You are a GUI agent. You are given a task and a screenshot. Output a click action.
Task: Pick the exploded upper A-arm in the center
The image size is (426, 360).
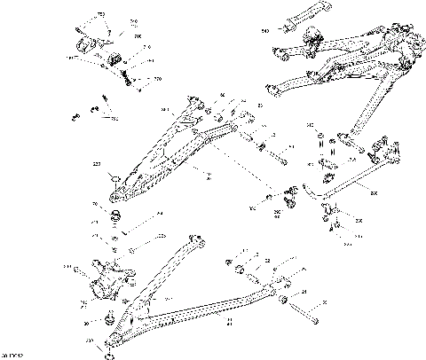point(169,151)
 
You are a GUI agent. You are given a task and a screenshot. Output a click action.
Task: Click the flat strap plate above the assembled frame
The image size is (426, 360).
point(288,27)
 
